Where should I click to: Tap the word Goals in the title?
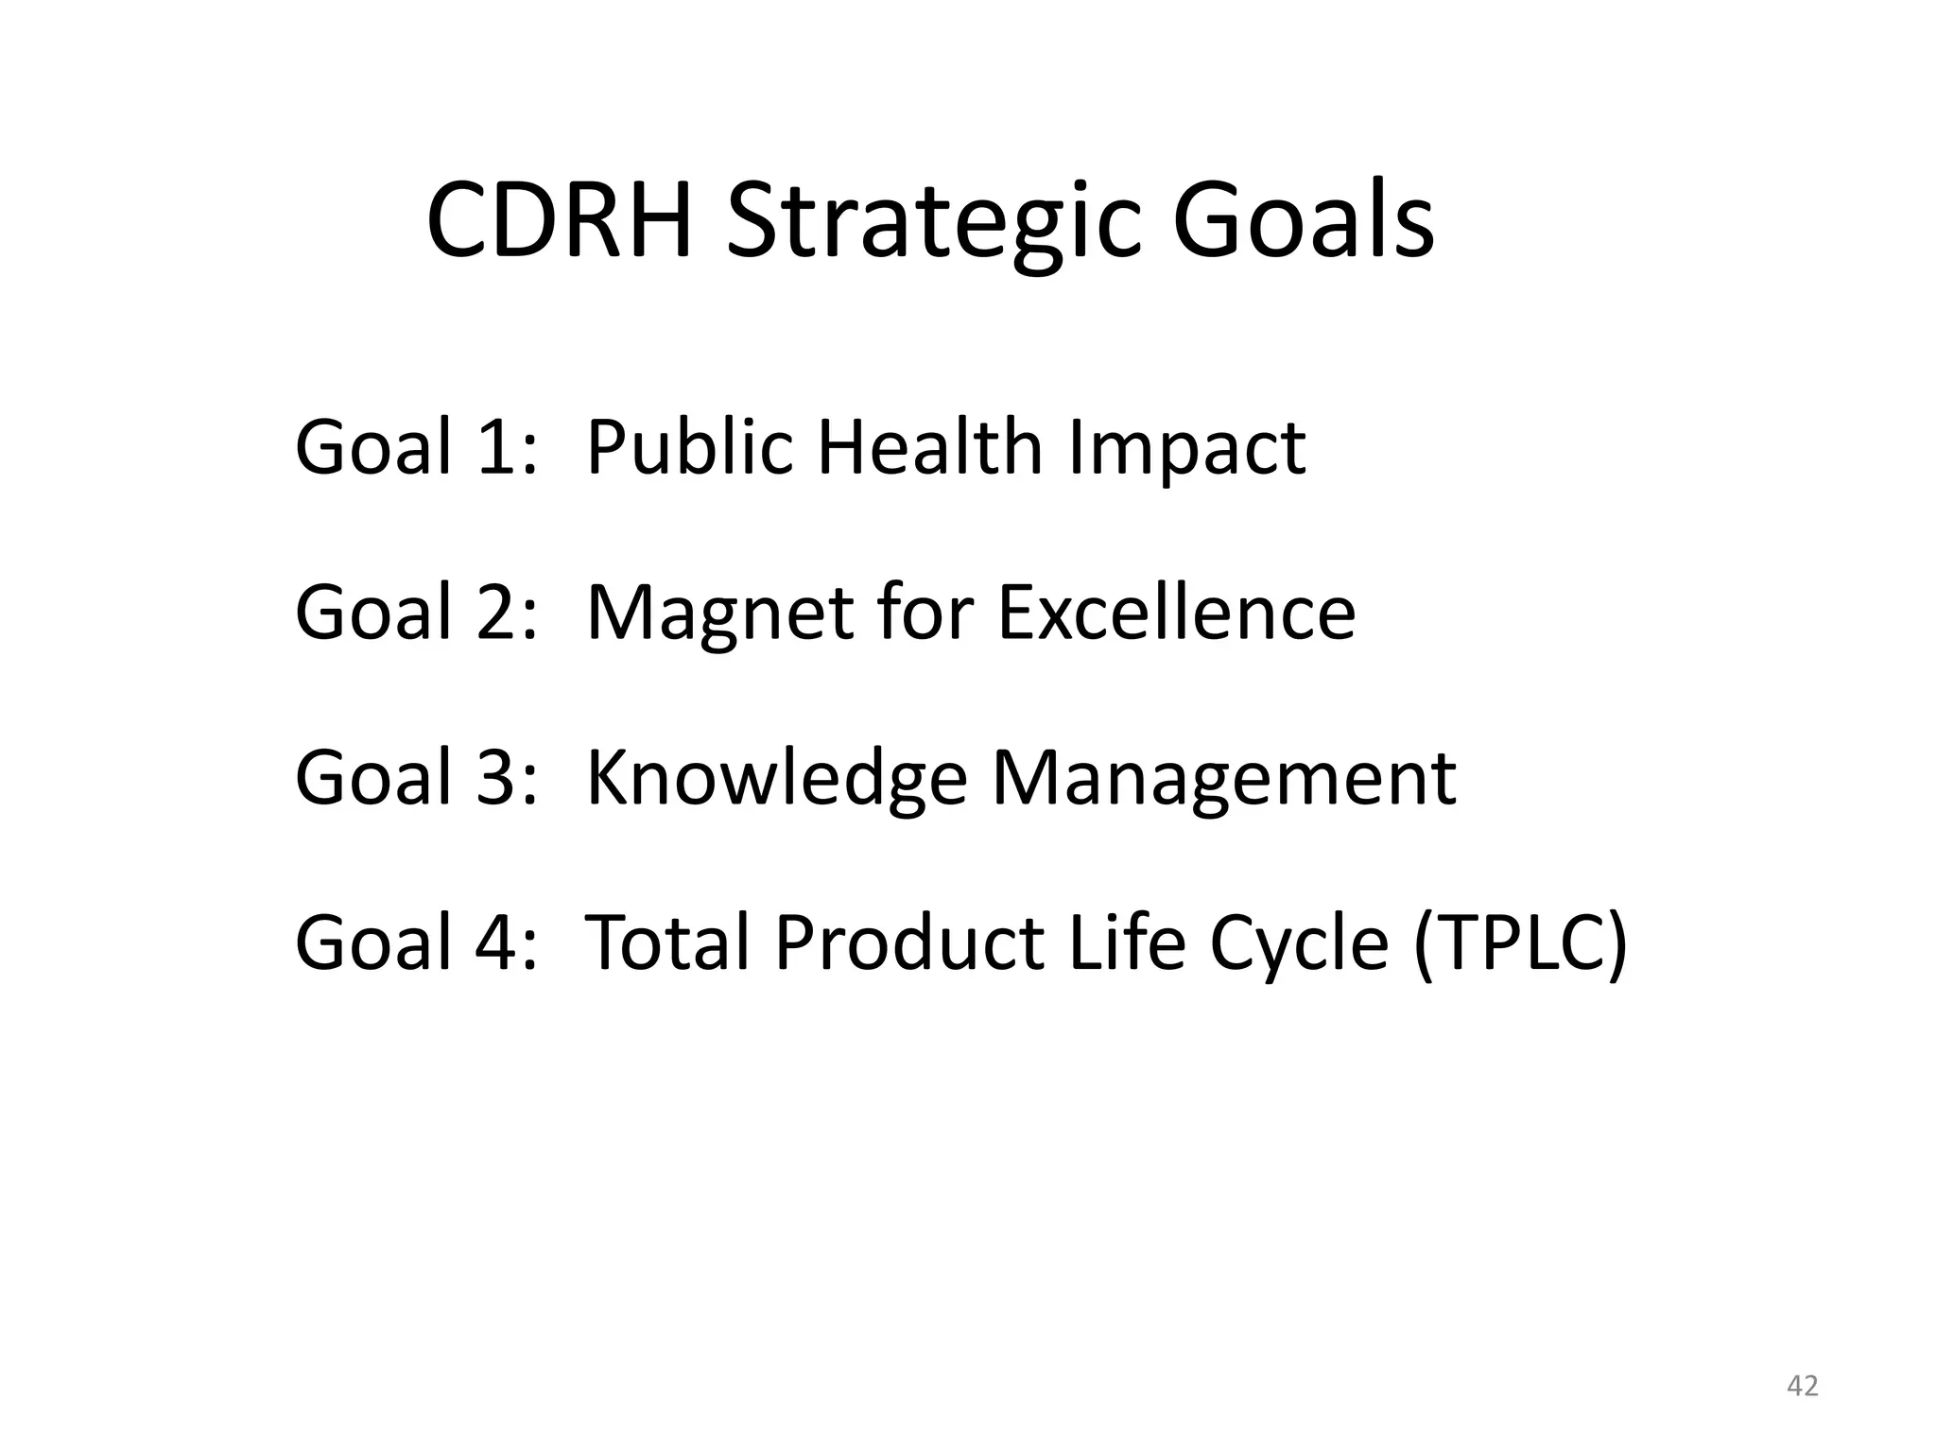(x=1304, y=222)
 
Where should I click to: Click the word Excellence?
(x=1176, y=613)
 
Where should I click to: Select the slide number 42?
(x=1803, y=1387)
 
